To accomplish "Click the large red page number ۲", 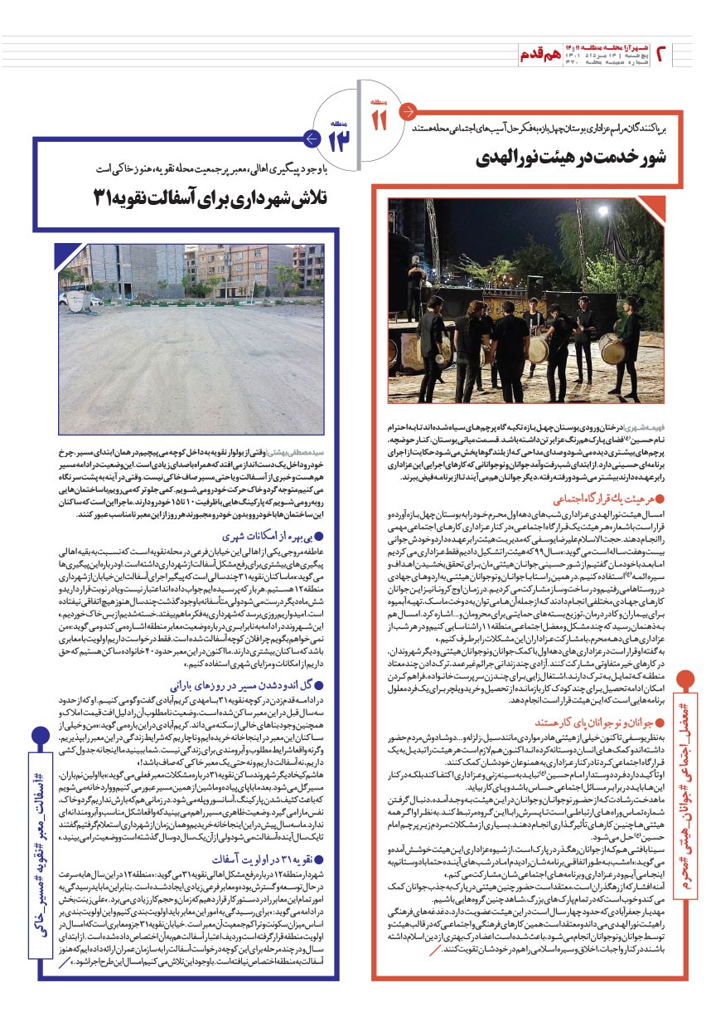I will click(663, 55).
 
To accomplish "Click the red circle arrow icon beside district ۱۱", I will click(406, 110).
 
